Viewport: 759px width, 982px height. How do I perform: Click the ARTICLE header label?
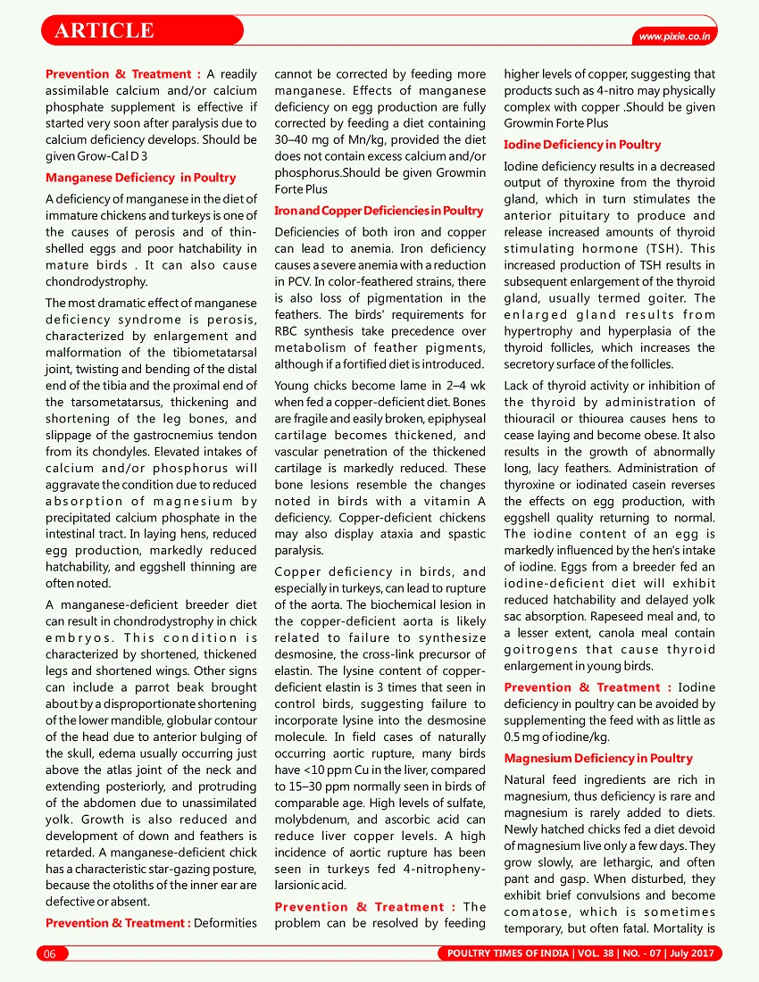(104, 31)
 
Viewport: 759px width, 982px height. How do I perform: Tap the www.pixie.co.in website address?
(675, 37)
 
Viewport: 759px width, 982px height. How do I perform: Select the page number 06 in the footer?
(50, 953)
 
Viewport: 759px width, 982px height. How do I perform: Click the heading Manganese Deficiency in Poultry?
(141, 178)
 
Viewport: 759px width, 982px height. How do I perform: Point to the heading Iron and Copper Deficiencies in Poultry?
(379, 211)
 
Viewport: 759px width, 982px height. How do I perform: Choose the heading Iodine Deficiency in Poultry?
(582, 144)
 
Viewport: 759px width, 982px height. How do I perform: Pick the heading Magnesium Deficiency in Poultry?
(597, 758)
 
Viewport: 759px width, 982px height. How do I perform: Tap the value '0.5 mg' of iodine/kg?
(526, 736)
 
